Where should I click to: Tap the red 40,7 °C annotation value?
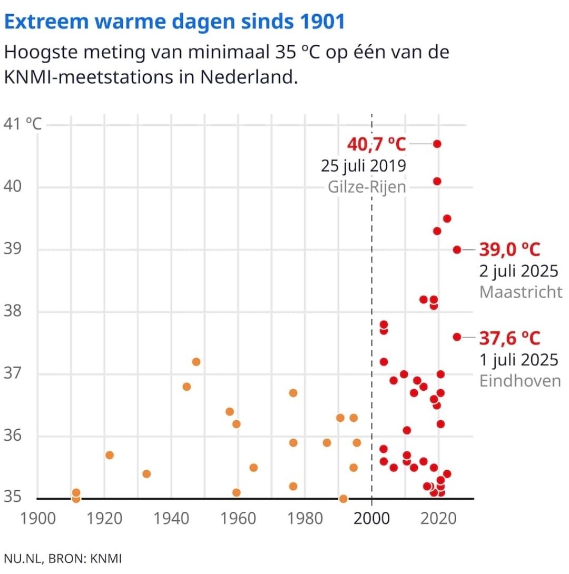[x=376, y=143]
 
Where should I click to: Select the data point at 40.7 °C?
[x=437, y=144]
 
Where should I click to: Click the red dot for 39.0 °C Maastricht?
[x=457, y=250]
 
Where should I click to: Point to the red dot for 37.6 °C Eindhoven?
[x=457, y=337]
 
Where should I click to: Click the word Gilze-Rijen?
[x=367, y=187]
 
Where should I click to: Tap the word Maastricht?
[x=521, y=292]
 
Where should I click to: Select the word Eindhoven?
[x=520, y=380]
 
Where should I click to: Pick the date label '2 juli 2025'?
[x=518, y=272]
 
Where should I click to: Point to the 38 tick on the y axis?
[x=14, y=312]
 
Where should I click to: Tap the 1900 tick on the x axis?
[x=38, y=519]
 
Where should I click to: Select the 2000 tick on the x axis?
[x=371, y=519]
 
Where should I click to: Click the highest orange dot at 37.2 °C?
[x=196, y=362]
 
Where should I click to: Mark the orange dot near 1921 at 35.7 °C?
[x=110, y=455]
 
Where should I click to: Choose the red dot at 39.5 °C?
[x=447, y=219]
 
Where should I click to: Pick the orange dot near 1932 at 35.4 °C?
[x=146, y=474]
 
